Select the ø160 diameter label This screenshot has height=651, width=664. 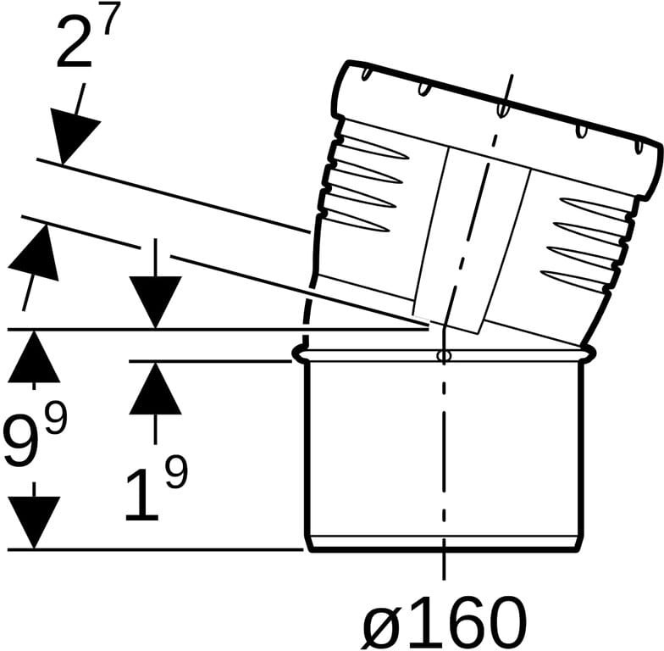click(x=444, y=622)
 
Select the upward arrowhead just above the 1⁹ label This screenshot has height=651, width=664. click(x=156, y=388)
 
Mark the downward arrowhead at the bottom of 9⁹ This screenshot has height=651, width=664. click(x=34, y=523)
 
